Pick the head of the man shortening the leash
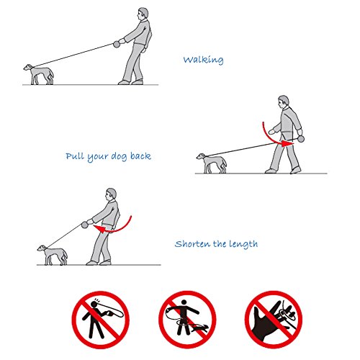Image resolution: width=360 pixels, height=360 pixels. (x=110, y=194)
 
